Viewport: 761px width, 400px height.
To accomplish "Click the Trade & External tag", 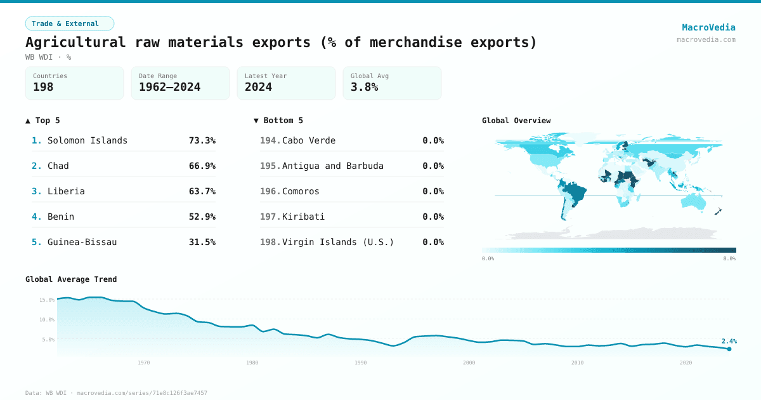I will [70, 23].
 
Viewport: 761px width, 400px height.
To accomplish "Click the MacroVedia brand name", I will [708, 27].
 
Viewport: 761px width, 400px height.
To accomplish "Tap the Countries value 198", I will [43, 87].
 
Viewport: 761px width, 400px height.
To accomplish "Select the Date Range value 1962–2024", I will [169, 87].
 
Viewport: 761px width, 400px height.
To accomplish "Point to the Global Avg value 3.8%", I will [364, 87].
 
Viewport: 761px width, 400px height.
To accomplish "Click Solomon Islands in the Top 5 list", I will [88, 140].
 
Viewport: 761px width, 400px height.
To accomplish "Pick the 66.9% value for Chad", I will [202, 166].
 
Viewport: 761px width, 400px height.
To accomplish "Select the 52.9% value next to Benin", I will [202, 217].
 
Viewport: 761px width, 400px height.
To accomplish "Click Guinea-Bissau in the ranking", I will [82, 242].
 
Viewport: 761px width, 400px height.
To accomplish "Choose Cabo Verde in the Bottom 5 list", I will [309, 140].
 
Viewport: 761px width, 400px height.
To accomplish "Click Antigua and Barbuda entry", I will [333, 166].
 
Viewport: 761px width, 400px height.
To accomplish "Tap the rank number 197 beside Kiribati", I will [270, 217].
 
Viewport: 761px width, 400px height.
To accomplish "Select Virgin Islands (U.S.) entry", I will [338, 242].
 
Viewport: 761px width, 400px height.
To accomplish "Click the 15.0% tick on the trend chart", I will [47, 300].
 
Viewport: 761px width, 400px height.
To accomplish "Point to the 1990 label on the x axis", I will [361, 363].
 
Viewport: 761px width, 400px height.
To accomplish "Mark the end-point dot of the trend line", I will [729, 349].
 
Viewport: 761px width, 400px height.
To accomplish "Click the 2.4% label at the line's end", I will [729, 341].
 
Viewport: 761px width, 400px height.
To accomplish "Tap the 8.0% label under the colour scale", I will [729, 258].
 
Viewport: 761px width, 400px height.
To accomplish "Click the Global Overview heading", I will [516, 121].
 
